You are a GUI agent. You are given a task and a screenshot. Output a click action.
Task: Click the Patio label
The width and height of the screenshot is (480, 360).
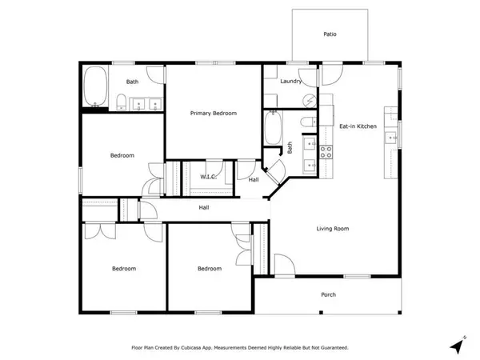point(330,34)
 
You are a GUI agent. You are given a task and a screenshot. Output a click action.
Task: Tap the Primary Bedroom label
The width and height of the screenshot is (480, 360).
point(214,114)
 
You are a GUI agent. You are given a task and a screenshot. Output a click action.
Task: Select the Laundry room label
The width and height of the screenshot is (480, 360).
point(291,82)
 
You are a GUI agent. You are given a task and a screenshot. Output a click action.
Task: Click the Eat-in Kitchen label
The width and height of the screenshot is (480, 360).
point(358,126)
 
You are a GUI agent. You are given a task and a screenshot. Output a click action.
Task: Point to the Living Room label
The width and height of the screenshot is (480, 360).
point(333,229)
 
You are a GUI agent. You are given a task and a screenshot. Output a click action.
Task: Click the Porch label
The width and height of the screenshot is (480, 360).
point(328,294)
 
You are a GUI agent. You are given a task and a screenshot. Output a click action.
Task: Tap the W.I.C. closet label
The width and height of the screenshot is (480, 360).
point(209,177)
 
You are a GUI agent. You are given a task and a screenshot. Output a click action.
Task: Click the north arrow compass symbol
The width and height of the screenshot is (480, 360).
point(458,345)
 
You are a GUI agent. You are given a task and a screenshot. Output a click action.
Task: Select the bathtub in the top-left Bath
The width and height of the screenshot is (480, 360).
point(95,86)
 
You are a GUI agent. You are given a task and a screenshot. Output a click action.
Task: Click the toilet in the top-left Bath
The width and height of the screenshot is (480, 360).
point(122,102)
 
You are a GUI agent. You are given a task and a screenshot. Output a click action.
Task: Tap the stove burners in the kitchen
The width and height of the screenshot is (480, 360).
point(326,152)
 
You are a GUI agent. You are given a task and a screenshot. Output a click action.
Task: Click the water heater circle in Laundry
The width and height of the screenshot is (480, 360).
point(310,101)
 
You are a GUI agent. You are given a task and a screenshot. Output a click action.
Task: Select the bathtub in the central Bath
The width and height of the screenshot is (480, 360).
point(273,128)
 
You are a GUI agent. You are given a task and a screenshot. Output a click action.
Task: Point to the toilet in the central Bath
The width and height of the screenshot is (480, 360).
point(308,122)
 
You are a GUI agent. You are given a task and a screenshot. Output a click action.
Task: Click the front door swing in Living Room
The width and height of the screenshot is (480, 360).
point(285,265)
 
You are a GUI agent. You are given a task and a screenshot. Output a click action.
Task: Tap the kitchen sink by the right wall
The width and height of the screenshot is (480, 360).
point(391,138)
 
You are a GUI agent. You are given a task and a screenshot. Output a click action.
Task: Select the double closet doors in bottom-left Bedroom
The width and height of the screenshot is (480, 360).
point(100,231)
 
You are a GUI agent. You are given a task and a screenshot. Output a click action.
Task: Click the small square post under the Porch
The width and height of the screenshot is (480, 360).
point(321,313)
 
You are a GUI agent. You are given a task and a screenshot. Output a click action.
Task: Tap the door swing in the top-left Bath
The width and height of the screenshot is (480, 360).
point(156,75)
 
